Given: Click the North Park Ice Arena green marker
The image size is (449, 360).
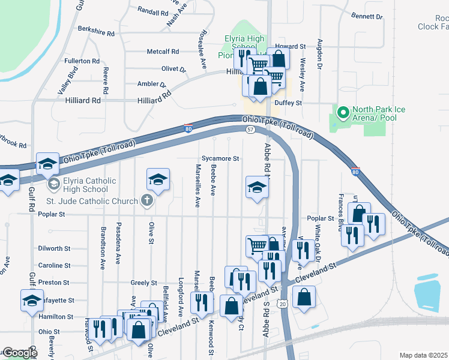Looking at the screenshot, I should pos(343,112).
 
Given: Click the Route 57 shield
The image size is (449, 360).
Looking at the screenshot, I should pos(250,129).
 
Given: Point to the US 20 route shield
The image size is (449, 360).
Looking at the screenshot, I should pos(282,305).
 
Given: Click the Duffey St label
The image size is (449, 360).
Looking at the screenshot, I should pos(288,103).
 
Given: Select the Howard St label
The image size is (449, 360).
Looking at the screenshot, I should pos(291,46).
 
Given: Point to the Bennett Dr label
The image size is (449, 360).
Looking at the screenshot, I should pos(367,17).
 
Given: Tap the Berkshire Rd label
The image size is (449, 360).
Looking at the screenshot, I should pos(95,29).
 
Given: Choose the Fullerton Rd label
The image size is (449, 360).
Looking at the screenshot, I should pos(82,61).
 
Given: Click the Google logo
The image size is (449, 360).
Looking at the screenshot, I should pos(19,353).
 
